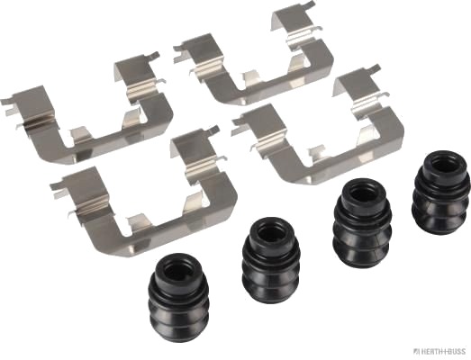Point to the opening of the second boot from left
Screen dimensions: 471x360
click(x=272, y=233)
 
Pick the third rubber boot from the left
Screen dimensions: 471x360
click(x=362, y=223)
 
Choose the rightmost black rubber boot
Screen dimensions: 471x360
click(x=441, y=193)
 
